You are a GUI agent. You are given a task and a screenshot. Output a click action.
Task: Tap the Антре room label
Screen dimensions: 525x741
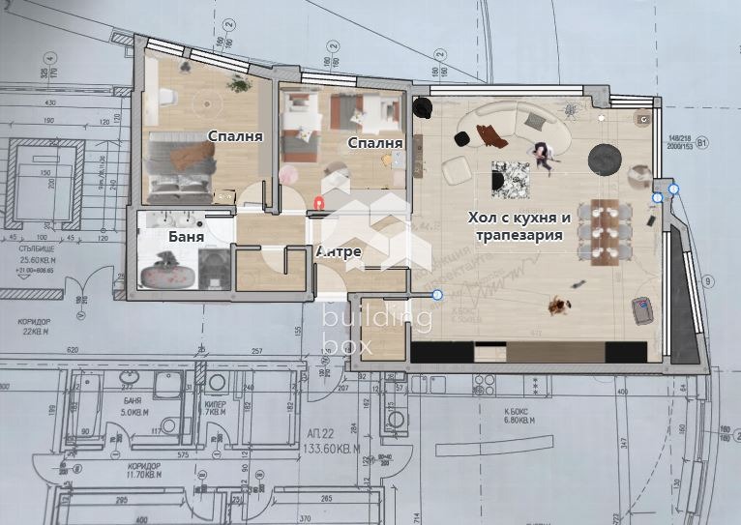tap(339, 252)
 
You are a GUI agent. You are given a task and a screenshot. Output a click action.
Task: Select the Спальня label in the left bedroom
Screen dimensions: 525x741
tap(235, 136)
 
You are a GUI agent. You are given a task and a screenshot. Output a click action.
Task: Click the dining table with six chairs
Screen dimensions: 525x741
tap(603, 229)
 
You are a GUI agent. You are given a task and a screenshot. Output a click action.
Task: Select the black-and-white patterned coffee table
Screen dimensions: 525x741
tap(510, 179)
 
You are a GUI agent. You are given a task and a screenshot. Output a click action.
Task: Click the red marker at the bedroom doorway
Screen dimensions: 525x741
tap(319, 202)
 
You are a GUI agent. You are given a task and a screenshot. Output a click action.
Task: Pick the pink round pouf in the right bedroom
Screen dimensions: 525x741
tap(288, 174)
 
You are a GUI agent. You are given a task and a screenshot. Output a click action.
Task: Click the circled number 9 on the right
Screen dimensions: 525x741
tap(708, 282)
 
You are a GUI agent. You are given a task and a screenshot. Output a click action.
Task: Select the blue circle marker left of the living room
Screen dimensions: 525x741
tap(437, 294)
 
